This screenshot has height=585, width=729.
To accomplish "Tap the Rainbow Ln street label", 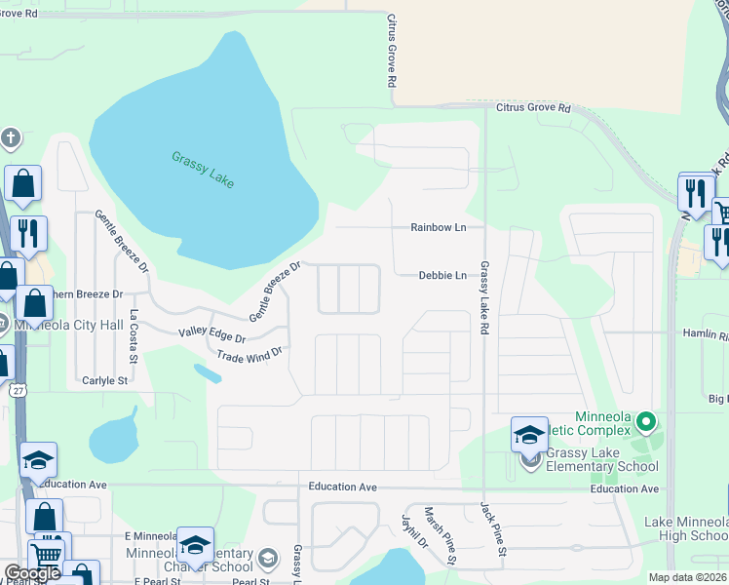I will point(439,227).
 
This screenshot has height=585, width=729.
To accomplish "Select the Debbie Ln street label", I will point(442,276).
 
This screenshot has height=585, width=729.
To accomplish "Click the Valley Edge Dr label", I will point(211,334).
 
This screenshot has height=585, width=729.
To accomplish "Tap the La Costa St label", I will point(134,331).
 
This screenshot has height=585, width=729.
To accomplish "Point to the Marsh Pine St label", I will point(440,535).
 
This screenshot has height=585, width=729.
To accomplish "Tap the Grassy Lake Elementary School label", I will point(601,458).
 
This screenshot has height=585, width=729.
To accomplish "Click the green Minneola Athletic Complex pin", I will point(644,423).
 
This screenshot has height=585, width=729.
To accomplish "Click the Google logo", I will point(32,573).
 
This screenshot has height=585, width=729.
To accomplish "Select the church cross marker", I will point(11,136).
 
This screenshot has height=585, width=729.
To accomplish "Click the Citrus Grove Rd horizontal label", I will point(533,107).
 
